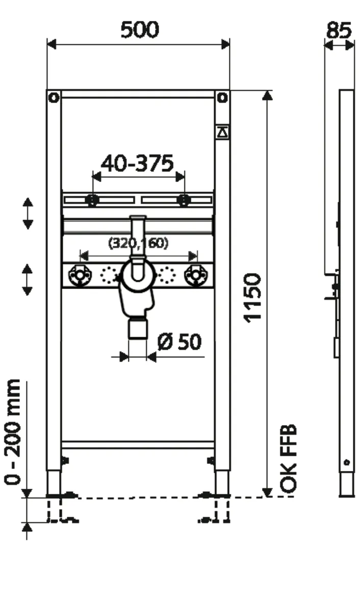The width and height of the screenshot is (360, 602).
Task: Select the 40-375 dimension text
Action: pos(137,163)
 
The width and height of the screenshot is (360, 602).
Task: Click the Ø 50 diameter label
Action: pos(179,342)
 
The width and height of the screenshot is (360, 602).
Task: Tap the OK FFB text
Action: pos(289,459)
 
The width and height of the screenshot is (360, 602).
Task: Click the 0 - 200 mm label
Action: pos(13,431)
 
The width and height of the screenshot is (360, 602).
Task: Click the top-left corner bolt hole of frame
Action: pos(54,97)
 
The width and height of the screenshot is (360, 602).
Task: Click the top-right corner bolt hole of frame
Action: pos(222,97)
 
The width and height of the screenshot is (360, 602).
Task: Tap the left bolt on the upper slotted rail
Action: pos(92,200)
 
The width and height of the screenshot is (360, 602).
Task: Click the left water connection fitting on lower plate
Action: pos(79,276)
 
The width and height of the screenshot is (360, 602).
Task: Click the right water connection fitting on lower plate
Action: pos(195,276)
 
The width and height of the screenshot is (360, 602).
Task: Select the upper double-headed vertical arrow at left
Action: pos(28,213)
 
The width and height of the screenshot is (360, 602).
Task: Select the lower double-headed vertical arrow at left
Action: pos(28,279)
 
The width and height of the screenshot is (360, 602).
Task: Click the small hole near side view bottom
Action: pos(347,462)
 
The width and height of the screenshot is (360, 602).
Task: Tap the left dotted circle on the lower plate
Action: pos(109,276)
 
